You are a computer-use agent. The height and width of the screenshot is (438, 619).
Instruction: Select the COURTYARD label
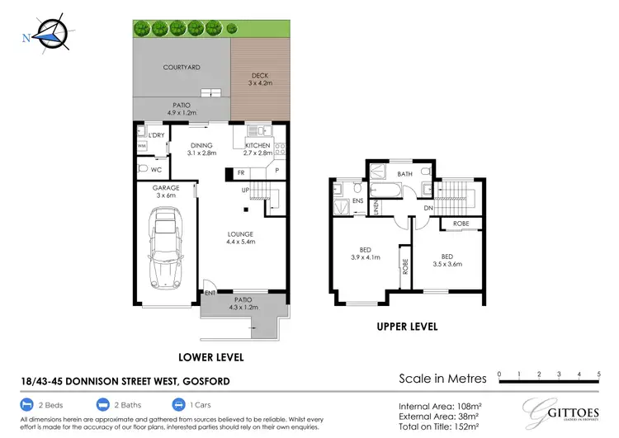(x=182, y=67)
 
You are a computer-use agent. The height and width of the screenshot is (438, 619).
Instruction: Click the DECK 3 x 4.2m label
(x=259, y=80)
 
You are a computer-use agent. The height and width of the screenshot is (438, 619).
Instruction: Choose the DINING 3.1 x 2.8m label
(x=201, y=149)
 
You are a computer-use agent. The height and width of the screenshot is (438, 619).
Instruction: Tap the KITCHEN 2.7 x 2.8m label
(x=258, y=149)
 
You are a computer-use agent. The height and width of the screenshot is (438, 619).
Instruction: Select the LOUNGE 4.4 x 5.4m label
(x=239, y=238)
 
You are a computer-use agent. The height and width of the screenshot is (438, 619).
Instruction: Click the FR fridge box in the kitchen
(x=241, y=173)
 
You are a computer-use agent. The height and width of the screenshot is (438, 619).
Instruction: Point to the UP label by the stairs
(x=245, y=191)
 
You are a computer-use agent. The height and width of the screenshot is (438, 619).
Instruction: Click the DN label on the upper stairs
(x=428, y=209)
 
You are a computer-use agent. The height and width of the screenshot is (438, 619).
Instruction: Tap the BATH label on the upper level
(x=404, y=175)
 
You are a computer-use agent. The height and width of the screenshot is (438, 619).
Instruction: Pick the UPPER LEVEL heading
(x=407, y=327)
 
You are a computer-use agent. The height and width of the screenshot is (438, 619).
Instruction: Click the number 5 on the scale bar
(x=599, y=374)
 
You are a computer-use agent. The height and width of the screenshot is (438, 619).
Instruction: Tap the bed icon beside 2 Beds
(x=27, y=405)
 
